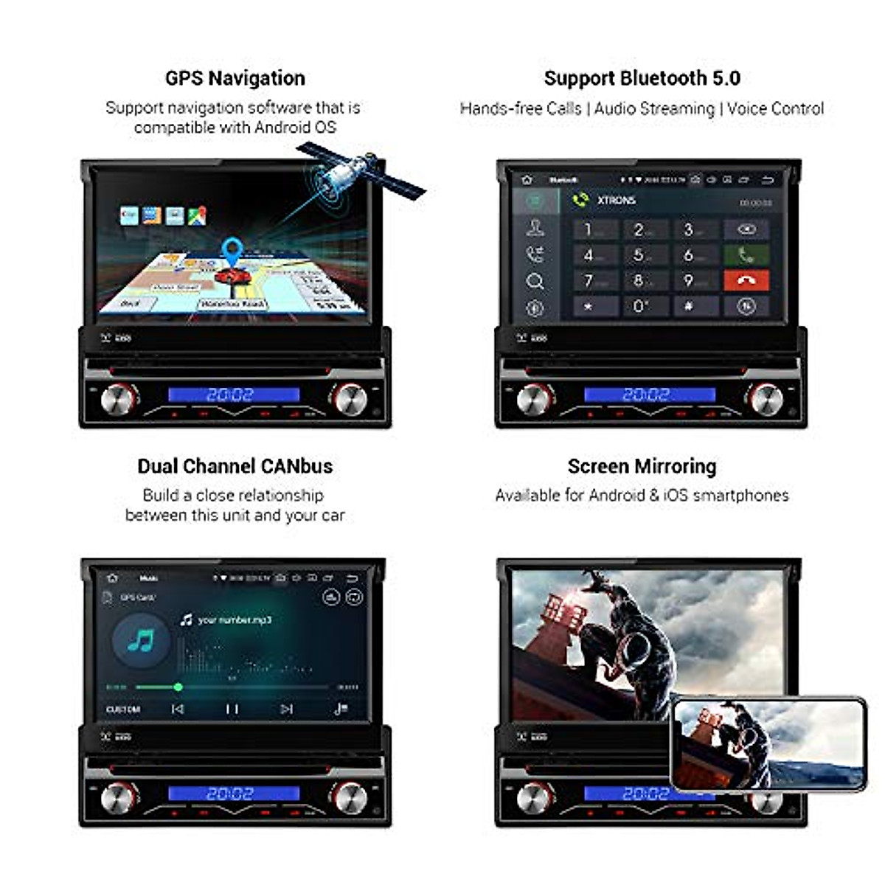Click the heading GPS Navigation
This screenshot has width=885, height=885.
point(235,78)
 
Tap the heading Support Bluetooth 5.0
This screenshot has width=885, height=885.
point(642,78)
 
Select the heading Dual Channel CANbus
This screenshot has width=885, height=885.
point(235,466)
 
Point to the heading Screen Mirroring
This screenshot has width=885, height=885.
point(642,466)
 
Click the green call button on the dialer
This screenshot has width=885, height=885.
point(746,255)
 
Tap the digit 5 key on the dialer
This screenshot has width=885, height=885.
point(639,255)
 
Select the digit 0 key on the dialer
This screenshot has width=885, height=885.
point(639,306)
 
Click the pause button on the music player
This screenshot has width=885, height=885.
point(232,709)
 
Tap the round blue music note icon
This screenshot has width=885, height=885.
point(140,641)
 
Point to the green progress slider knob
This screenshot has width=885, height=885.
point(178,687)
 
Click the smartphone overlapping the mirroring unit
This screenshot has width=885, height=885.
point(768,743)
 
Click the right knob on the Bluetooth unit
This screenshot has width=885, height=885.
point(766,399)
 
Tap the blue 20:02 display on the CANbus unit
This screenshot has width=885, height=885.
point(233,794)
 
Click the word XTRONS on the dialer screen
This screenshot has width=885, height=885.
point(616,200)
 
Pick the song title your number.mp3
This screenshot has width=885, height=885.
point(235,619)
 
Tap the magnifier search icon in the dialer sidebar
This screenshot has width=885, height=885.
point(535,281)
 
